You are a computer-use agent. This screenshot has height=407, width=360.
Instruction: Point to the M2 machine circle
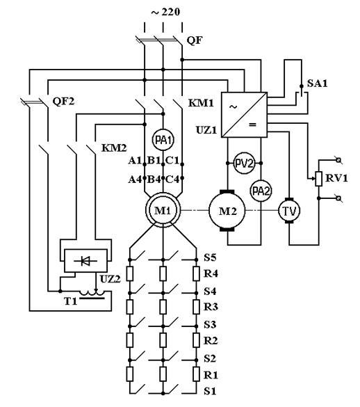[227, 211]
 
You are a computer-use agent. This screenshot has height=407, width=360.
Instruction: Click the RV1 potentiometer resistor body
[319, 179]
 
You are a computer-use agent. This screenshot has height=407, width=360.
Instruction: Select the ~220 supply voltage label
[165, 12]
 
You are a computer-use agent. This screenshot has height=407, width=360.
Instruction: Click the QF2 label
[63, 101]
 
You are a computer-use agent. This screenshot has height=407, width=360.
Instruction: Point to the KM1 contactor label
[201, 103]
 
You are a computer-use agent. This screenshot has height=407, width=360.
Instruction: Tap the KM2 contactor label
[114, 147]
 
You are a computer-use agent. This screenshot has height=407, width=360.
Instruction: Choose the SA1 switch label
[318, 83]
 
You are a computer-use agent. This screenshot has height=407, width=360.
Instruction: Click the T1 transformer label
[71, 301]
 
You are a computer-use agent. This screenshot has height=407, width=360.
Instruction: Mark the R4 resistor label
[211, 273]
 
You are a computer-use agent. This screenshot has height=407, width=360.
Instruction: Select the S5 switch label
[210, 257]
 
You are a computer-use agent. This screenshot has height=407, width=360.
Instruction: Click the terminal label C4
[172, 179]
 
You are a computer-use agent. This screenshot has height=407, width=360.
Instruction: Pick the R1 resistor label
[211, 375]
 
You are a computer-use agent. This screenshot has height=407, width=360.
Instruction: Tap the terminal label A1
[135, 161]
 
